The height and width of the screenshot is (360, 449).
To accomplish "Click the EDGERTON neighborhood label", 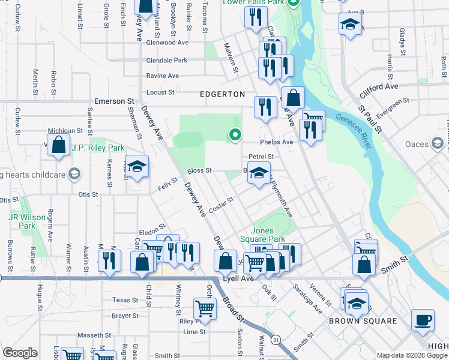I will click(223, 94).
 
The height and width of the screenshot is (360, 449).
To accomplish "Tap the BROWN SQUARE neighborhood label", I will click(363, 321).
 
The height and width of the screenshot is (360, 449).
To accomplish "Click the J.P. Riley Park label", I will click(98, 148).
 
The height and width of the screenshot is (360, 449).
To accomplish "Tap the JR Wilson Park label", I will click(23, 221).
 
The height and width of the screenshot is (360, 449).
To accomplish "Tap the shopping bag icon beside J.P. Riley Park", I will click(58, 145).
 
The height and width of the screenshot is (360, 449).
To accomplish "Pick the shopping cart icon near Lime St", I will click(205, 308).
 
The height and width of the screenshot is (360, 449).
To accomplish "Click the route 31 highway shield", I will click(276, 340).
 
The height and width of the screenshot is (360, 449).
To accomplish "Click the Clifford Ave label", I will click(379, 87).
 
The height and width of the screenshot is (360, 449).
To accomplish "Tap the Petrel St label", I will click(261, 157).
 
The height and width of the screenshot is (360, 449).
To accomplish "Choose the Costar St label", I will click(221, 204).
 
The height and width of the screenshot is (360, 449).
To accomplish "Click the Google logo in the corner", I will click(20, 353).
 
